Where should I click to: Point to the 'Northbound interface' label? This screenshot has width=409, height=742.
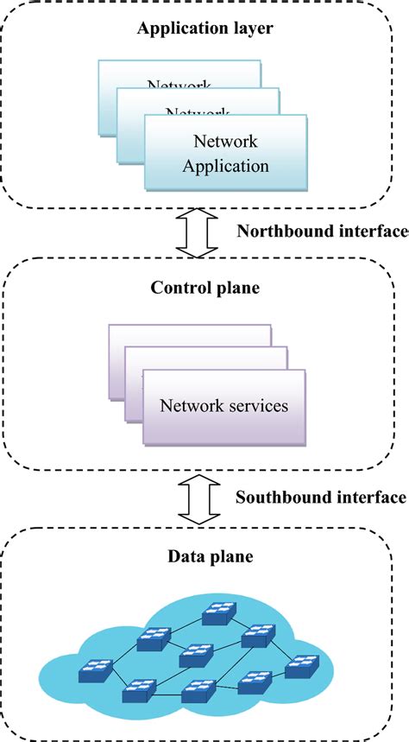[321, 231]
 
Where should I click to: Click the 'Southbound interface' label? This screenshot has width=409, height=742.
[321, 497]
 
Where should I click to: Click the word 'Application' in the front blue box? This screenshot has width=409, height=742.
[225, 164]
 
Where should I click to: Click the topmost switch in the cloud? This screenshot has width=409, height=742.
[218, 615]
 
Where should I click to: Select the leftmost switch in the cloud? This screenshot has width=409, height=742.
[92, 669]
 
